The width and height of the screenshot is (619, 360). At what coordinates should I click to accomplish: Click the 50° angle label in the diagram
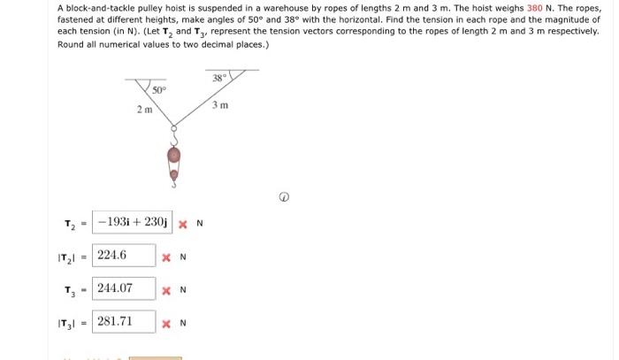click(158, 89)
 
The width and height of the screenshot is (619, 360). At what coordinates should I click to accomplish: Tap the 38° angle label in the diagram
click(218, 79)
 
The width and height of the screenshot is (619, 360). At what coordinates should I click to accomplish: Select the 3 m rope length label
click(222, 106)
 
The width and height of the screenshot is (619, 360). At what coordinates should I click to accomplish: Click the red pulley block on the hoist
click(174, 157)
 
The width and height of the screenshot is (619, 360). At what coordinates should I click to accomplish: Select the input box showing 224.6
click(123, 256)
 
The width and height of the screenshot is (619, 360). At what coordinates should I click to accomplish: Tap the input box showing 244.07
click(123, 288)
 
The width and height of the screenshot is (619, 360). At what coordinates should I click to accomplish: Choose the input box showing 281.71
click(123, 321)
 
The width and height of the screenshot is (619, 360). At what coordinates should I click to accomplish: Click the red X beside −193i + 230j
click(182, 223)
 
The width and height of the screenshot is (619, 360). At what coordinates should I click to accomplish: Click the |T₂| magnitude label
click(67, 257)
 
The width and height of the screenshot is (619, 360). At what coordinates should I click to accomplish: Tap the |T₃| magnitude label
click(67, 323)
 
